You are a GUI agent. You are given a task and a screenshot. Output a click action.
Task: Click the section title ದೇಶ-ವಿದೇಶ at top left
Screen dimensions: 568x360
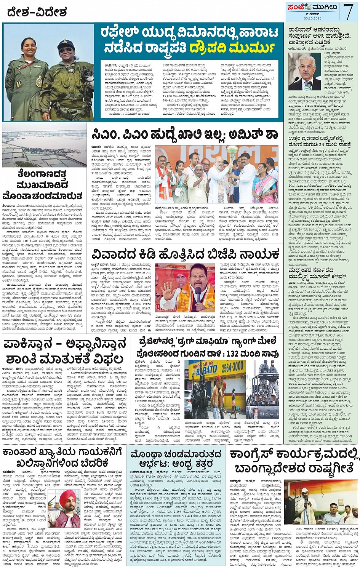tap(37, 13)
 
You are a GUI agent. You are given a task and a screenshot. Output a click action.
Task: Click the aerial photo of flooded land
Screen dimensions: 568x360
tap(44, 145)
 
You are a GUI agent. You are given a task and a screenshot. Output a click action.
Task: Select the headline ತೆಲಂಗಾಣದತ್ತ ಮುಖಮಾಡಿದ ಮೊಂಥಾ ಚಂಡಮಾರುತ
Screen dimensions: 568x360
tap(44, 185)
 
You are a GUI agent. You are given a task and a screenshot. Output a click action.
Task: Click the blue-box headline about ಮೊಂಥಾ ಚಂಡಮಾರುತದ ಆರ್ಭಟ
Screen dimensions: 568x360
tap(176, 459)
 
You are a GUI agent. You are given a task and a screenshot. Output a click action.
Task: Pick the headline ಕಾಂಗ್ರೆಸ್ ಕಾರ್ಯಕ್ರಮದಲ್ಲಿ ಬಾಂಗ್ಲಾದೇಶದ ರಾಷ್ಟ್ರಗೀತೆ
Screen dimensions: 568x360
tap(294, 461)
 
